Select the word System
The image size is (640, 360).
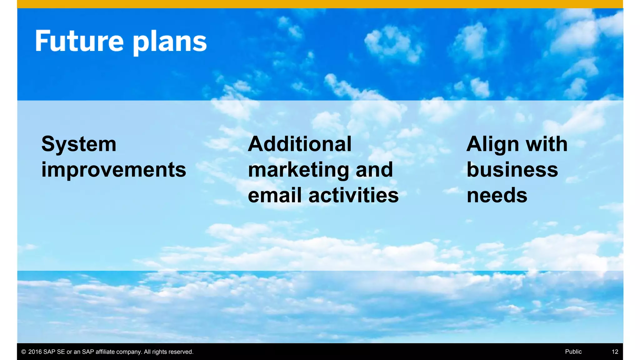click(x=79, y=145)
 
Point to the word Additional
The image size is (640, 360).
click(x=300, y=144)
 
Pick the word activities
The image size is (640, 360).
click(x=353, y=195)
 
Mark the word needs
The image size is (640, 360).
click(x=497, y=195)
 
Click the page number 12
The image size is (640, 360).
click(x=615, y=352)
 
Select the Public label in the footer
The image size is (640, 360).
click(x=573, y=352)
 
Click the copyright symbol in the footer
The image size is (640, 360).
click(x=23, y=352)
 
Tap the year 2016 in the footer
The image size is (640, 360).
click(x=35, y=352)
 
